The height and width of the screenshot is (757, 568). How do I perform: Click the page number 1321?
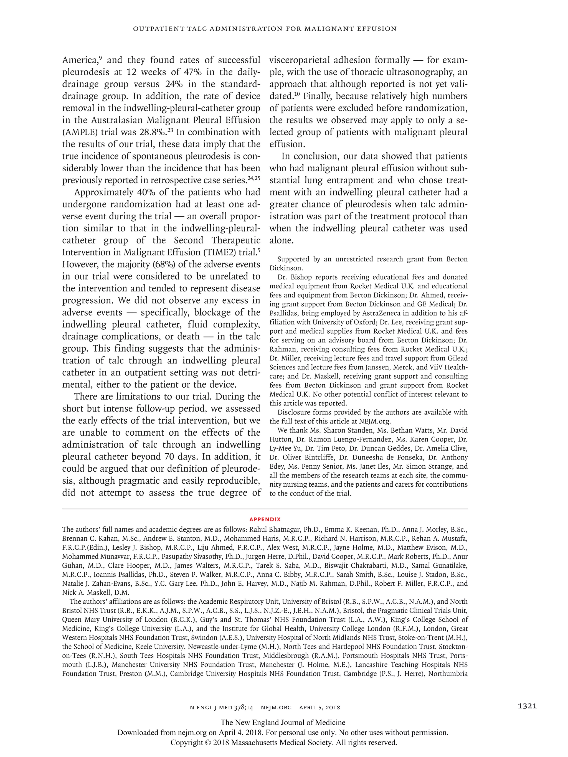tap(527, 706)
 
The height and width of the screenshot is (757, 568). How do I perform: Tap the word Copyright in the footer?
tap(186, 743)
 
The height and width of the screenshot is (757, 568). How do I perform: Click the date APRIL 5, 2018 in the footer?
tap(320, 707)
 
